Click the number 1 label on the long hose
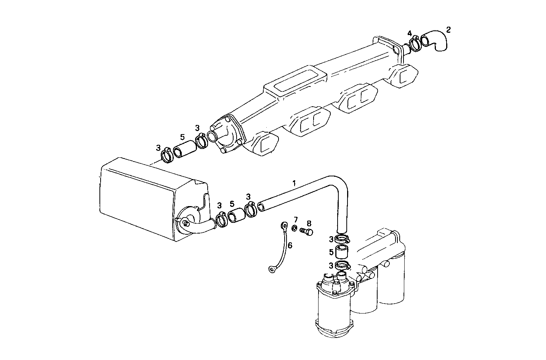pos(294,183)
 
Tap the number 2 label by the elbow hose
pos(448,30)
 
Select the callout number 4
pos(410,33)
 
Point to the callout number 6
pos(290,245)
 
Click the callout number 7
pos(296,220)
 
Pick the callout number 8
pos(309,223)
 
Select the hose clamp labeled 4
pos(415,43)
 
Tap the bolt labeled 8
pos(306,231)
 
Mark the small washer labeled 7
pos(295,228)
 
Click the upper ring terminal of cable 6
pos(284,226)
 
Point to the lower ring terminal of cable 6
pos(272,270)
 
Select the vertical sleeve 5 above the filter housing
pos(342,252)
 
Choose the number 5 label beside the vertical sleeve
pos(331,252)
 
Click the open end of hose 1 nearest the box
pos(261,207)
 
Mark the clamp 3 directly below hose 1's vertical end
pos(342,239)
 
